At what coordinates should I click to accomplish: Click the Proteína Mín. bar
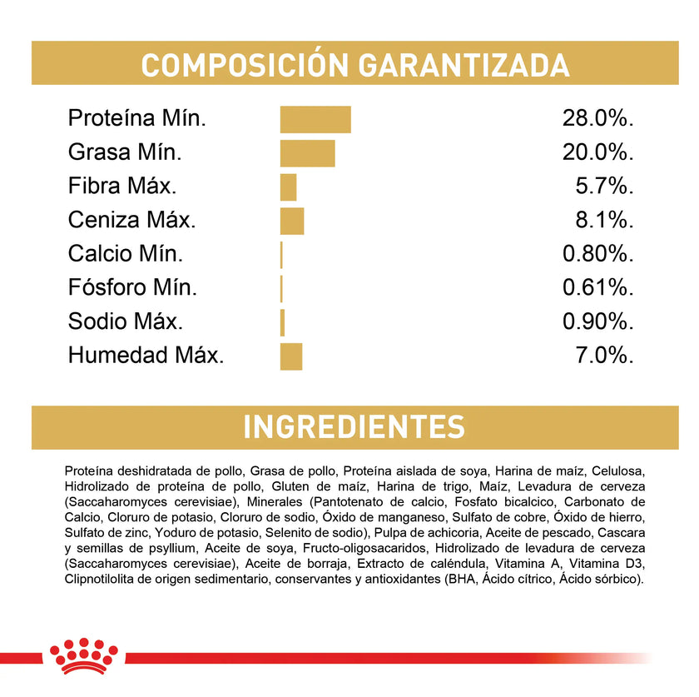tap(315, 119)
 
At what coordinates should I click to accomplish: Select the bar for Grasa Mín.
tap(307, 153)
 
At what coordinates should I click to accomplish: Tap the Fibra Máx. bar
tap(289, 187)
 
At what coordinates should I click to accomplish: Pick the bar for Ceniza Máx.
tap(292, 221)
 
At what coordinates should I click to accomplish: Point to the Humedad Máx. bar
tap(291, 356)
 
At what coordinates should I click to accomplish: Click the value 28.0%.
tap(598, 119)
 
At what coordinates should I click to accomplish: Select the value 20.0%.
tap(598, 153)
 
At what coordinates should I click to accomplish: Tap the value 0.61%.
tap(598, 288)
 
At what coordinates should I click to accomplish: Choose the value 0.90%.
tap(598, 322)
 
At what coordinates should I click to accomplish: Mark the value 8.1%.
tap(605, 221)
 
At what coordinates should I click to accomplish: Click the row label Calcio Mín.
tap(125, 254)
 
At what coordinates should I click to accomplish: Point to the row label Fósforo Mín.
tap(132, 288)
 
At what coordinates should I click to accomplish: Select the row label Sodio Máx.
tap(125, 322)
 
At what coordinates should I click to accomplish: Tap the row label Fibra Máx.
tap(121, 187)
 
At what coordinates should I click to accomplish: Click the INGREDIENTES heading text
tap(354, 427)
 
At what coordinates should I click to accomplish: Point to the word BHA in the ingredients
tap(464, 580)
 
